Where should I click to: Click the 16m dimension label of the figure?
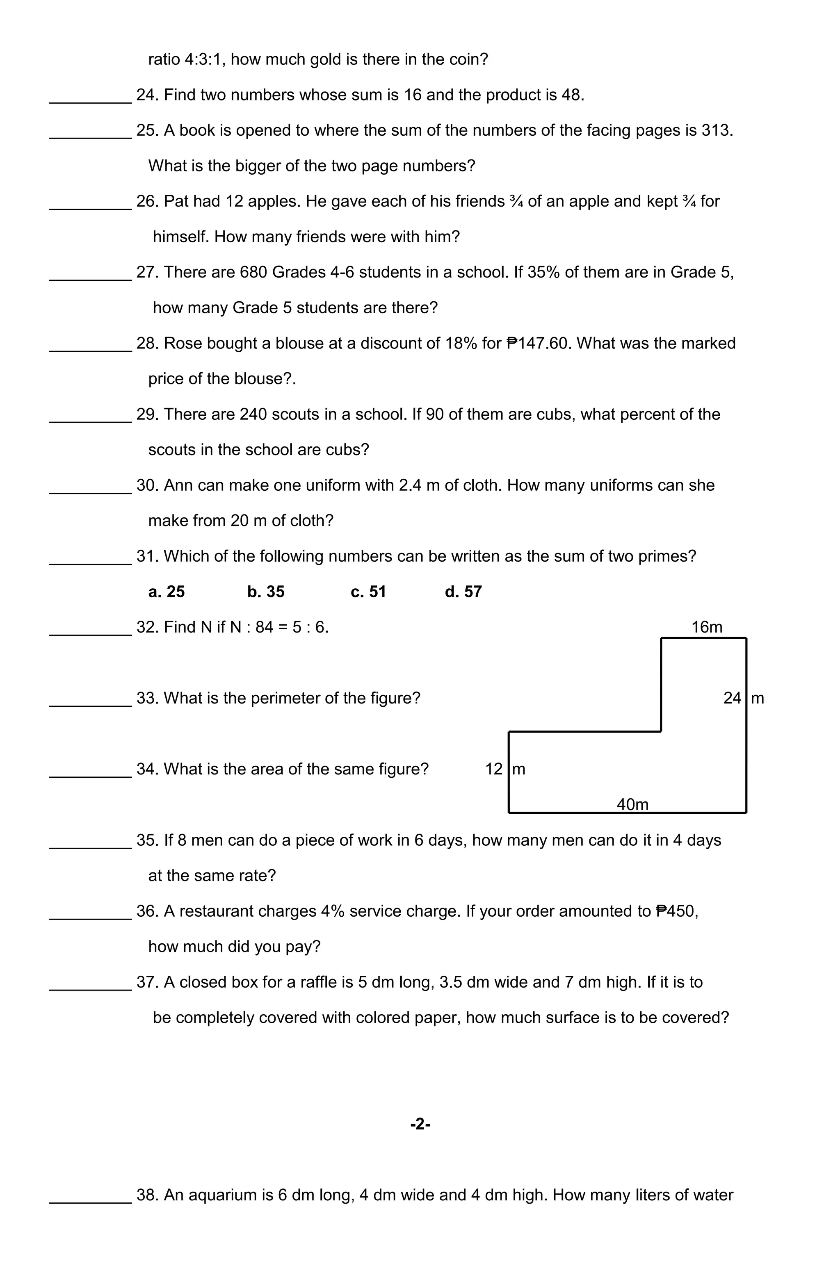point(706,627)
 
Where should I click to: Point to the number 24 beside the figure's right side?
point(732,698)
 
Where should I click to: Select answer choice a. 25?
point(166,592)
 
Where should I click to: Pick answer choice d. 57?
point(463,592)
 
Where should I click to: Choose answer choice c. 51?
point(368,592)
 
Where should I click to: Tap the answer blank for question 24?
point(90,97)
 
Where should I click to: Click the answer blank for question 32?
point(90,630)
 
